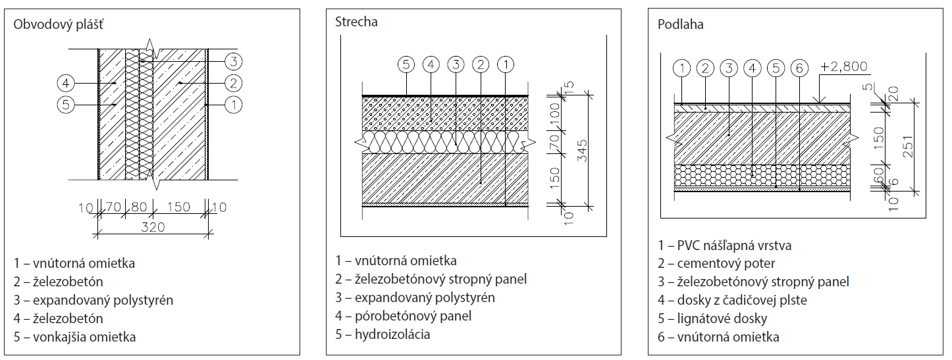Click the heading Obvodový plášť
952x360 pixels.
(x=59, y=25)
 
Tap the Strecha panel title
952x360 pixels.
(x=356, y=22)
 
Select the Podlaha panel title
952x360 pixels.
(x=681, y=24)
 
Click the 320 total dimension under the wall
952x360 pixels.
(x=153, y=227)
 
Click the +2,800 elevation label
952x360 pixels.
(x=845, y=66)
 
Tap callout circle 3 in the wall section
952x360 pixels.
(x=233, y=62)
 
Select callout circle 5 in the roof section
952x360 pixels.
(x=406, y=64)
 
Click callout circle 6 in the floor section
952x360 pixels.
(x=799, y=67)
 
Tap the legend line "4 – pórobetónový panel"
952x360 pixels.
(x=403, y=316)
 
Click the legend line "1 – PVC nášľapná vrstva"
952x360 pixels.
(x=724, y=245)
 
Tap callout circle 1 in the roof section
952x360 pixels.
(x=505, y=64)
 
